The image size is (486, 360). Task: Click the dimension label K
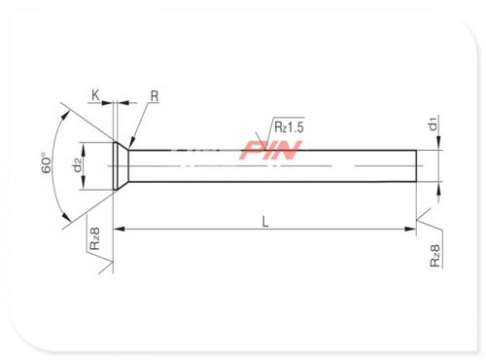(x=95, y=95)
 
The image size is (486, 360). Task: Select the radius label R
(x=155, y=96)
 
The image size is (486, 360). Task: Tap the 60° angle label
(x=47, y=162)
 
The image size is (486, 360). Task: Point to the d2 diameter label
(x=78, y=165)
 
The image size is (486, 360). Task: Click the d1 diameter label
(x=434, y=124)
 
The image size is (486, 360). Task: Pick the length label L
(x=265, y=222)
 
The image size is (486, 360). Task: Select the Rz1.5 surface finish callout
(x=289, y=126)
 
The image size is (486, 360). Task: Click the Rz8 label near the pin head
(x=94, y=238)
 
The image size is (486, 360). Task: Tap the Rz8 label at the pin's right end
(x=435, y=256)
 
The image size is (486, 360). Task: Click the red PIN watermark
(x=270, y=150)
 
